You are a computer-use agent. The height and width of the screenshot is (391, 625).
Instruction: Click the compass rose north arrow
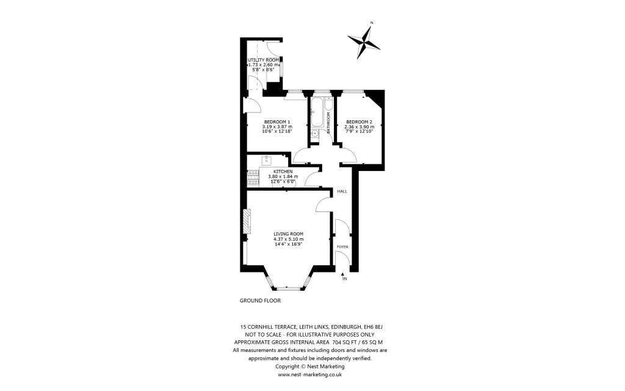pos(364,41)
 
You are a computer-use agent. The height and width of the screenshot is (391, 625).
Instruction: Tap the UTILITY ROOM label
pos(263,59)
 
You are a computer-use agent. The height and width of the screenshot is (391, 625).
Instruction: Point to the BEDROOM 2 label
pos(359,122)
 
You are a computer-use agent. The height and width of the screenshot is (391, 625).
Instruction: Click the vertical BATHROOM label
pos(328,123)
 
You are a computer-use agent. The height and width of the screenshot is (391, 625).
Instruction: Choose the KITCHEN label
pos(283,172)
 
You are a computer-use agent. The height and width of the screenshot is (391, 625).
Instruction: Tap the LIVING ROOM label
pos(288,234)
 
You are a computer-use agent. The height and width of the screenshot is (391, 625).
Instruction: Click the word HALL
pos(342,192)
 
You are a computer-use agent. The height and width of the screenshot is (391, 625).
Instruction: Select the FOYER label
pos(342,247)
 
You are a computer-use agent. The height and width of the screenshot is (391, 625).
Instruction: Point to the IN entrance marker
pos(344,279)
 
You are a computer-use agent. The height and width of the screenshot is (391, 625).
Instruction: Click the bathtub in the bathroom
pos(317,112)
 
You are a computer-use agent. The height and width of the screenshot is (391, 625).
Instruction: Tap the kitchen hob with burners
pos(252,177)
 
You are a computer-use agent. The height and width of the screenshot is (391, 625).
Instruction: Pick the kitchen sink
pos(267,161)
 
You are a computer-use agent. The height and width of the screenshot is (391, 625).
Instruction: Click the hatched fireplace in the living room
pos(247,221)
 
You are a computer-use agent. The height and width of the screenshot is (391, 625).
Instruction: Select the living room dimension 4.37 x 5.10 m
pos(288,239)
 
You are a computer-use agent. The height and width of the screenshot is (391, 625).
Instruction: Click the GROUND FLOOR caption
pos(260,301)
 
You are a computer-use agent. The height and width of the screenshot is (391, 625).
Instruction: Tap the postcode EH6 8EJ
pos(370,328)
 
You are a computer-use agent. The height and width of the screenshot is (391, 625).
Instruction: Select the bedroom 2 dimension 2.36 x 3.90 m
pos(359,126)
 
